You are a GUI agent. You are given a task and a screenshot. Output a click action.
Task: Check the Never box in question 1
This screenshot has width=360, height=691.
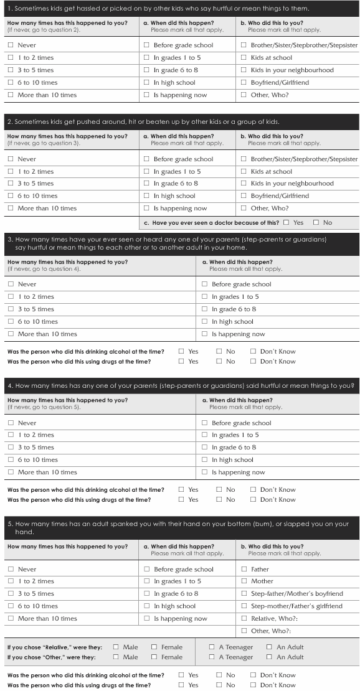11,45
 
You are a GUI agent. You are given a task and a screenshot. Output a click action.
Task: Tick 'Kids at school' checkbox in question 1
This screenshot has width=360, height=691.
244,58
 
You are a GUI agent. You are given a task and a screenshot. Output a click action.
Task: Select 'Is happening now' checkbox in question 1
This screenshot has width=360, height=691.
146,95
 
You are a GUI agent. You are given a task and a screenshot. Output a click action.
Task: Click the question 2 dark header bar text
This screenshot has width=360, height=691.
143,122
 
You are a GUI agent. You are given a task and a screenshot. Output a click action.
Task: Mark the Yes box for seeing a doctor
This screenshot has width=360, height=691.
286,222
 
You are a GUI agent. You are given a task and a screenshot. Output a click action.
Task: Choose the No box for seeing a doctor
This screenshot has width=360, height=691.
316,222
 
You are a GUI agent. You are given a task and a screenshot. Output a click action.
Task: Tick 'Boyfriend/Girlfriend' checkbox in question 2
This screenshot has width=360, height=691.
244,196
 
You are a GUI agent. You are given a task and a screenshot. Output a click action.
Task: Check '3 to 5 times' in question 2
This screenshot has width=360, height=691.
11,184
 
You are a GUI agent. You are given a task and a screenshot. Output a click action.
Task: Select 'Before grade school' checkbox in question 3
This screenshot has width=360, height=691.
205,284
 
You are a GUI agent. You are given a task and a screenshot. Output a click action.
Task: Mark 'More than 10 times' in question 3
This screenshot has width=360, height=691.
11,334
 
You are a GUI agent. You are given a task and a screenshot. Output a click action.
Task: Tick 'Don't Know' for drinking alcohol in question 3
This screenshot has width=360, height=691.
253,352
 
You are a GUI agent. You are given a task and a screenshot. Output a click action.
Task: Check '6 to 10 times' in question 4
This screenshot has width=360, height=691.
11,460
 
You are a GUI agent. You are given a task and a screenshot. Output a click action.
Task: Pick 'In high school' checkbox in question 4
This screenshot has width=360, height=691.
205,460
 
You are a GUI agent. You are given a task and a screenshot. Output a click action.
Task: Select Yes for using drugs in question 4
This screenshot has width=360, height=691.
181,500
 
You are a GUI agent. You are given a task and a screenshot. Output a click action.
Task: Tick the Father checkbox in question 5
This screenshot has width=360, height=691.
244,570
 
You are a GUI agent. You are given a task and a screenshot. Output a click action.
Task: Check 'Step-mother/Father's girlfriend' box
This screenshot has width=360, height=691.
244,606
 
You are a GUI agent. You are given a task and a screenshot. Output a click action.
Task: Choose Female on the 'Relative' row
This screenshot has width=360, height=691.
154,647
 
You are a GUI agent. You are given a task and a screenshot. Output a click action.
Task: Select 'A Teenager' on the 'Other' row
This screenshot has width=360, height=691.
212,657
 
